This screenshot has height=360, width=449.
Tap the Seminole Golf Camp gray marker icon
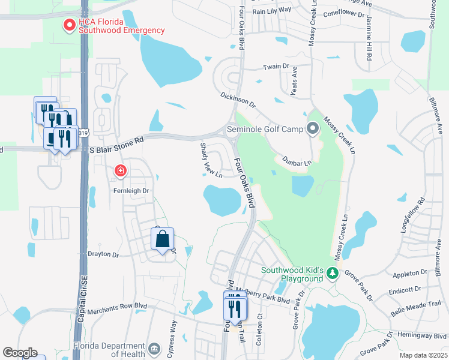pos(312,129)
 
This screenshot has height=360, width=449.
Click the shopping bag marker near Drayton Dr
pos(162,240)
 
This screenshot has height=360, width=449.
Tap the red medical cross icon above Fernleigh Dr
pos(121,172)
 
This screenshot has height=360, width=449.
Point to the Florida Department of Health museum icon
pos(154,349)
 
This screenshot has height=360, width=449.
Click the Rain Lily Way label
pos(272,11)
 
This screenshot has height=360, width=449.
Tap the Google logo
pos(20,353)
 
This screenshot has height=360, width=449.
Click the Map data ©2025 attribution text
pos(423,355)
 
